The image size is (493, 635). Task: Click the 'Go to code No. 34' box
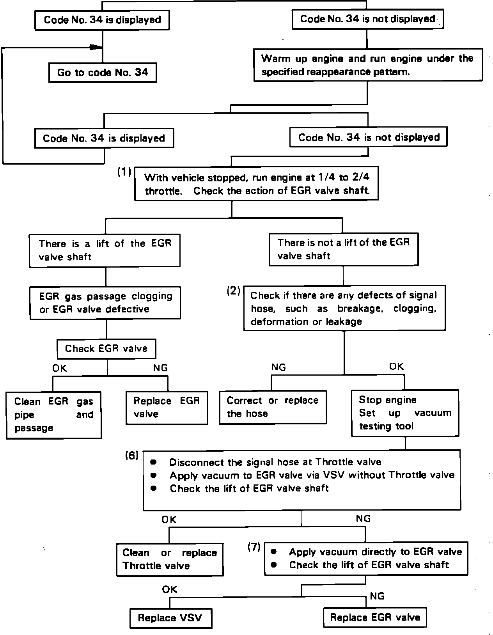click(103, 73)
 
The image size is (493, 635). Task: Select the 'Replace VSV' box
click(170, 618)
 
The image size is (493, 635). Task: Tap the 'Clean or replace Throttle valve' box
click(170, 559)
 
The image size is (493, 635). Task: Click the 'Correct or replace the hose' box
click(273, 407)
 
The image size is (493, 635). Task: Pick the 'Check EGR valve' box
click(106, 349)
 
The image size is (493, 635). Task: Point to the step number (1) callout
click(124, 172)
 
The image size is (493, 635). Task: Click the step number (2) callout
click(234, 291)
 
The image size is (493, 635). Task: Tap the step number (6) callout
click(132, 455)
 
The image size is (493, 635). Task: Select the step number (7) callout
click(254, 548)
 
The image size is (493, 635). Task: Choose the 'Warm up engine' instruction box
click(368, 65)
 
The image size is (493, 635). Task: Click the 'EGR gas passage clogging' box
click(105, 303)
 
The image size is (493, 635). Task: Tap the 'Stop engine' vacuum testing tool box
click(405, 413)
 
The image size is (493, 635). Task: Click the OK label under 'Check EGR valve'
click(60, 368)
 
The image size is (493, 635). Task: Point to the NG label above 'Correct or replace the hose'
click(278, 367)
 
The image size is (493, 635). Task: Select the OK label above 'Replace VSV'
click(170, 589)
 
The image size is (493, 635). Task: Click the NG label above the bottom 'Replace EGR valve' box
click(377, 596)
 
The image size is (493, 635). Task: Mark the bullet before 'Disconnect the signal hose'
click(153, 462)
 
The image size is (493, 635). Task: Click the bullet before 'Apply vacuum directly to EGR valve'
click(274, 552)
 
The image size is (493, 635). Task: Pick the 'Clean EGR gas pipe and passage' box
click(54, 415)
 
